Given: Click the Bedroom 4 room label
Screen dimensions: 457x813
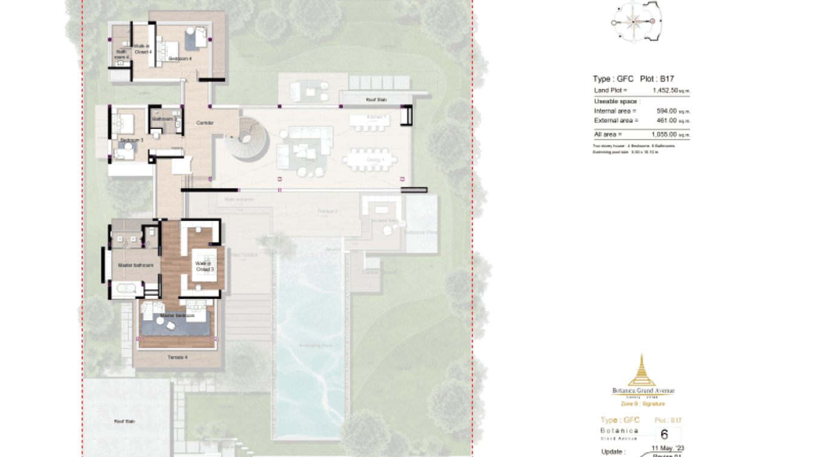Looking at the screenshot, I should tap(180, 59).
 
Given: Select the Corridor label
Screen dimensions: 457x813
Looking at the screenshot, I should tap(205, 123).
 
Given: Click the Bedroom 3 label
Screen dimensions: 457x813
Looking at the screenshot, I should tap(131, 141).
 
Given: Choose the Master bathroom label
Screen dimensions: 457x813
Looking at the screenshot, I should tap(136, 265).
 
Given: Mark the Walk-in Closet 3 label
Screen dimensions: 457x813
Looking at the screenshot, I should tap(204, 266).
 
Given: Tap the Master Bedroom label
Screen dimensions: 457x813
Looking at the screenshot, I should tap(177, 316).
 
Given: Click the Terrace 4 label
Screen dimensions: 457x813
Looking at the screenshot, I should tap(177, 358).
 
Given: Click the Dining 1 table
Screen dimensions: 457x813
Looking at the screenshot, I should tap(370, 161).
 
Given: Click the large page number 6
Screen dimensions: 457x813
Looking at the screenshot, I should tap(664, 435).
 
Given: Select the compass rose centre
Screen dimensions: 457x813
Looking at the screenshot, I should tap(634, 22).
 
